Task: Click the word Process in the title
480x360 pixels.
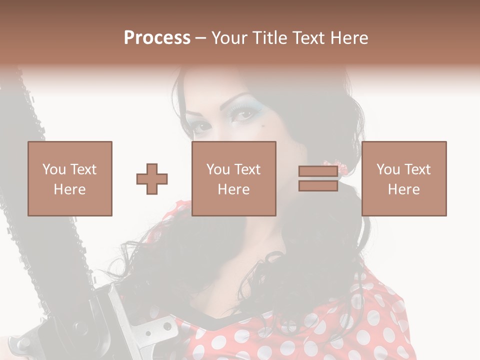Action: click(x=157, y=37)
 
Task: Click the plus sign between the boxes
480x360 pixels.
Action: click(x=152, y=179)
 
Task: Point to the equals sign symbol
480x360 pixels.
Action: click(x=318, y=179)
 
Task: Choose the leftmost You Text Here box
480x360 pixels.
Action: click(x=70, y=178)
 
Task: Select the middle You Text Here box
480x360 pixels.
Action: click(x=234, y=178)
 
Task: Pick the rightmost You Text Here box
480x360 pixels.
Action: click(x=404, y=178)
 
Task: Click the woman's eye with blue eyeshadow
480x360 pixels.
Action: click(x=243, y=114)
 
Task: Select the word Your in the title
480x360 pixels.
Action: click(x=229, y=37)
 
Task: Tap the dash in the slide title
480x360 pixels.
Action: click(x=200, y=38)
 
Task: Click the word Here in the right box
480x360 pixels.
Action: click(x=404, y=189)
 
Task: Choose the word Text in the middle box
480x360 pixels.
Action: click(x=247, y=169)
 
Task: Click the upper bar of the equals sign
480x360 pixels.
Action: click(x=318, y=171)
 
